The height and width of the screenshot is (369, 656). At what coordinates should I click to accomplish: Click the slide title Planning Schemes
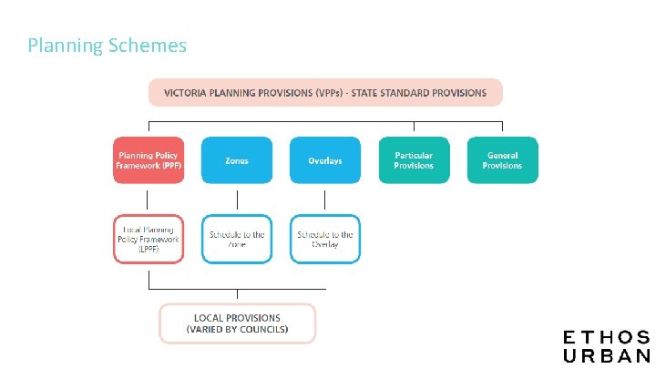(x=107, y=46)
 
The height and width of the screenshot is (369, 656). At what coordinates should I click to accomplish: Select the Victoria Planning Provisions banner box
(x=325, y=93)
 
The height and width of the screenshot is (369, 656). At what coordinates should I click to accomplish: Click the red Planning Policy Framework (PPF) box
(x=148, y=160)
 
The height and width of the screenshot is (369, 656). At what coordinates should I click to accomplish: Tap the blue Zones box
(x=237, y=160)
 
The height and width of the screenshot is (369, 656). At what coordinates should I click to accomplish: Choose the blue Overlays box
(x=325, y=160)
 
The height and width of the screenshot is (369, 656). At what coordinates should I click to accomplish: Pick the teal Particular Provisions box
(x=414, y=160)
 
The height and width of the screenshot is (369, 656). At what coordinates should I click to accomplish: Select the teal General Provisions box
(x=502, y=160)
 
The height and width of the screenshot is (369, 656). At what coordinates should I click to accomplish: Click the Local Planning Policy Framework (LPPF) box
(x=148, y=239)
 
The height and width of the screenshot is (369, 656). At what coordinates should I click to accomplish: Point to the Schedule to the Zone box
(x=237, y=239)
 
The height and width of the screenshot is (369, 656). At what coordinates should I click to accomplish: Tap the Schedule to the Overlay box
(x=325, y=239)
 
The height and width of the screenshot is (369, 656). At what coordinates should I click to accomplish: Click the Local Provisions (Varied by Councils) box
(x=237, y=323)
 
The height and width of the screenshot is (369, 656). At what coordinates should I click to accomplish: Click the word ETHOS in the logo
(x=606, y=338)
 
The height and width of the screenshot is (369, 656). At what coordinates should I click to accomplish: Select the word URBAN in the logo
(x=606, y=356)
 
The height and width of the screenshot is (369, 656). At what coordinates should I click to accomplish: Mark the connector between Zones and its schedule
(x=237, y=200)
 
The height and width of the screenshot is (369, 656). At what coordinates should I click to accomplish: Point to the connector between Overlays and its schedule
(x=325, y=200)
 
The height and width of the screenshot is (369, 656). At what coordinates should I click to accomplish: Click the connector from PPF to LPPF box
(x=148, y=200)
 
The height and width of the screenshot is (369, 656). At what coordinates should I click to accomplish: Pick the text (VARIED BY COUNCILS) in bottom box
(x=237, y=330)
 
